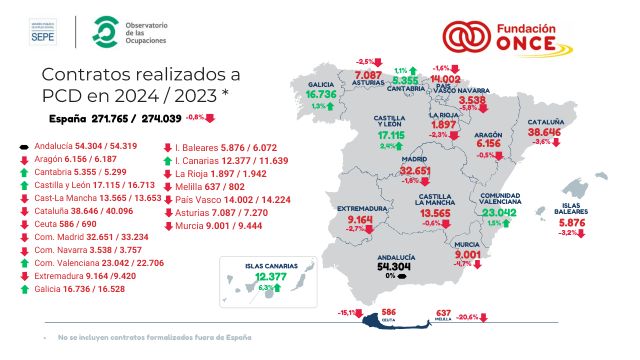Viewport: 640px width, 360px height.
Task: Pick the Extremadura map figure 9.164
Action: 361,219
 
